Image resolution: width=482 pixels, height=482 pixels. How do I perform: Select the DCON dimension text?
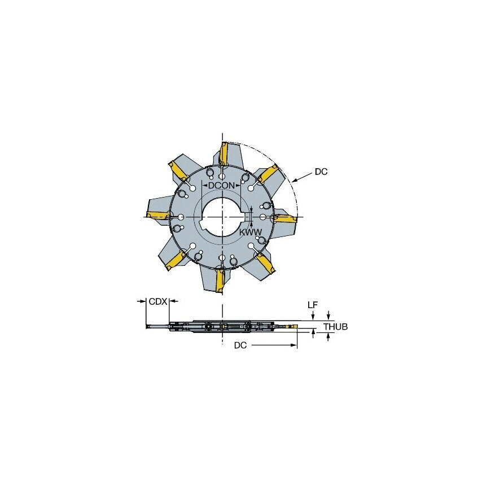pyautogui.click(x=221, y=186)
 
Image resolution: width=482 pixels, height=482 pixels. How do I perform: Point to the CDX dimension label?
pyautogui.click(x=157, y=302)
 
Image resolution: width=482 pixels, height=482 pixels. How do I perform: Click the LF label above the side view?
pyautogui.click(x=312, y=305)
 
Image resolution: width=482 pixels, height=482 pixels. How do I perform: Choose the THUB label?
pyautogui.click(x=336, y=327)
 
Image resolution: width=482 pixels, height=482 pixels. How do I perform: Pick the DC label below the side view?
pyautogui.click(x=240, y=345)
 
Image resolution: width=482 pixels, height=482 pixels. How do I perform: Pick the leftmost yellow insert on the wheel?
pyautogui.click(x=157, y=214)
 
